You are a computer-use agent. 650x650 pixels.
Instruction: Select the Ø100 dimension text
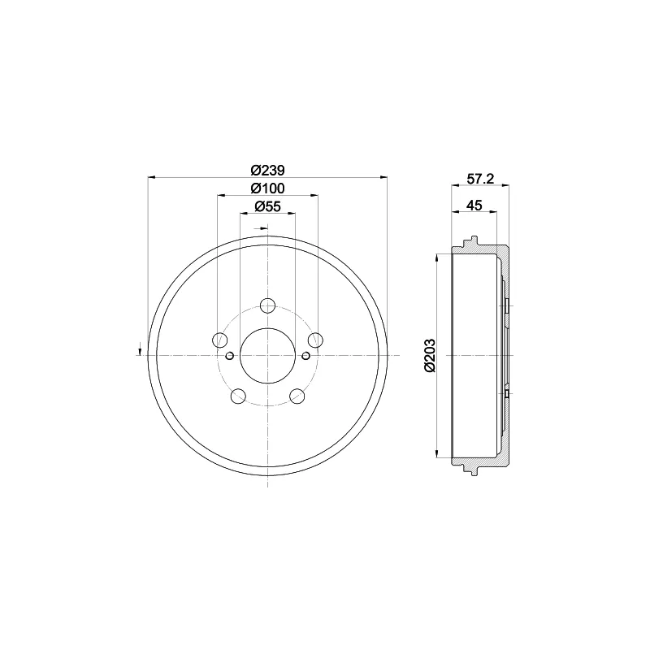(267, 188)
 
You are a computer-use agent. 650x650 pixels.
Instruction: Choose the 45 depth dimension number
(474, 206)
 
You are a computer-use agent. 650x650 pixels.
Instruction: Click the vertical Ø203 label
(431, 355)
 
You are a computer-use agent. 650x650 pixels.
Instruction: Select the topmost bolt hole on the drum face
(267, 305)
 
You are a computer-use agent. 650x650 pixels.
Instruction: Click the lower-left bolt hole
(238, 396)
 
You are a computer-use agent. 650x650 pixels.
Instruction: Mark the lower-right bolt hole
(297, 396)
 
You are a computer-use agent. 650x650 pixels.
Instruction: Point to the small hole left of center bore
(230, 355)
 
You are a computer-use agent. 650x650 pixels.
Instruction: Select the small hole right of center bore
(305, 355)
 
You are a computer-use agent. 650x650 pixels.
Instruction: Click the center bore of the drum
(267, 355)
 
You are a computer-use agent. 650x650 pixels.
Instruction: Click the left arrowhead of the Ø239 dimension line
(152, 177)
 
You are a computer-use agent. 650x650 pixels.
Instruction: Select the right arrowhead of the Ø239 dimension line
(383, 177)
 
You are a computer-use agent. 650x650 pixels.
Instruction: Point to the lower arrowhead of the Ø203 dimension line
(440, 454)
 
